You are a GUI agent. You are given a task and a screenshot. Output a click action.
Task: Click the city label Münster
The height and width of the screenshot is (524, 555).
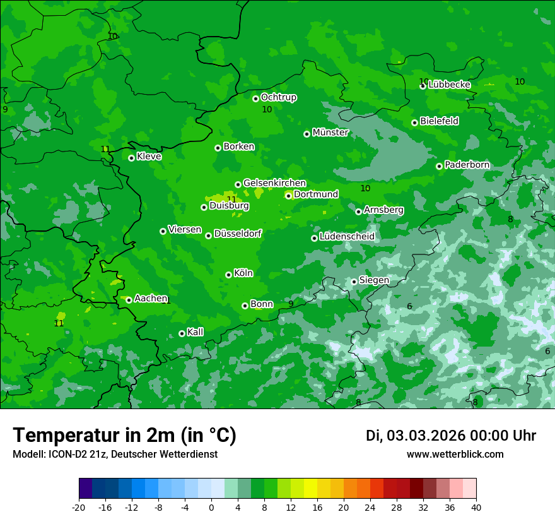click(330, 133)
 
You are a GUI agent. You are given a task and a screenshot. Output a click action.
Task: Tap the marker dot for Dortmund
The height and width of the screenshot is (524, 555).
click(288, 196)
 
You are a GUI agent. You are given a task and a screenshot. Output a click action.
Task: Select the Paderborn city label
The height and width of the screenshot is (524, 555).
click(467, 165)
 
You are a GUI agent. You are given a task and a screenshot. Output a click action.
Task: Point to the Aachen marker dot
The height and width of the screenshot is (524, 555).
click(129, 300)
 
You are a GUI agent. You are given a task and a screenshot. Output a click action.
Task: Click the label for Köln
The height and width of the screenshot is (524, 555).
click(243, 273)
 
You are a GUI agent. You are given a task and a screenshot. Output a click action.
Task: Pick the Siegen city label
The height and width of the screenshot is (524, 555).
click(374, 280)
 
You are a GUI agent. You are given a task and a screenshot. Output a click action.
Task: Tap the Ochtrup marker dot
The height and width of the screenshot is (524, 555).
click(255, 98)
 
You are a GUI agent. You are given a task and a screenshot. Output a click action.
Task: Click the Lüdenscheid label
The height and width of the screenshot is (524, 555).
click(347, 237)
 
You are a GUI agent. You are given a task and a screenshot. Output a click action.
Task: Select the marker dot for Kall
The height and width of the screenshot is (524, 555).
click(182, 333)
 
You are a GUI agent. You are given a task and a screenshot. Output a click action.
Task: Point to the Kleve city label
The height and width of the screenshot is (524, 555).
click(149, 157)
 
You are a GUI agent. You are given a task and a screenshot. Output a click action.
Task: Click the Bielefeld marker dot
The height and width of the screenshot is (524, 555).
click(414, 122)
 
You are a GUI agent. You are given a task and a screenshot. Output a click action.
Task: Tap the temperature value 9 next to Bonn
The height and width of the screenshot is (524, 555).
click(290, 304)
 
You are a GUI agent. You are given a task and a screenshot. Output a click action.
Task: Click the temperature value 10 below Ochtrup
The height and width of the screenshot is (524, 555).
click(267, 109)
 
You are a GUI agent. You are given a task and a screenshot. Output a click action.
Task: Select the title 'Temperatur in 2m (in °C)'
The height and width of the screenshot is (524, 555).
click(124, 436)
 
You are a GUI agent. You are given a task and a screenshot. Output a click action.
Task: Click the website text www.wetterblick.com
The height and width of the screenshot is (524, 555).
click(455, 454)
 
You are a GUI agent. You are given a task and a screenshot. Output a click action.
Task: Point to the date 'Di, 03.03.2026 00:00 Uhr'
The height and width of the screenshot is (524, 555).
click(450, 436)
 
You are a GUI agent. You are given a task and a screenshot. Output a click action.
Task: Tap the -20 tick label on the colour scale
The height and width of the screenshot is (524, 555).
click(79, 507)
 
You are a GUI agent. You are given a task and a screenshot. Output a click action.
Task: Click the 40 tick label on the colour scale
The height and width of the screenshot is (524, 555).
click(476, 507)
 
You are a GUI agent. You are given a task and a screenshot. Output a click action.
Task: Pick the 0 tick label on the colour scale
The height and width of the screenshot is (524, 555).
click(211, 507)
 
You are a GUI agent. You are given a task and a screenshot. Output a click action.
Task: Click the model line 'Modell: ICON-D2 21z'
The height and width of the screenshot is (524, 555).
click(115, 454)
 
